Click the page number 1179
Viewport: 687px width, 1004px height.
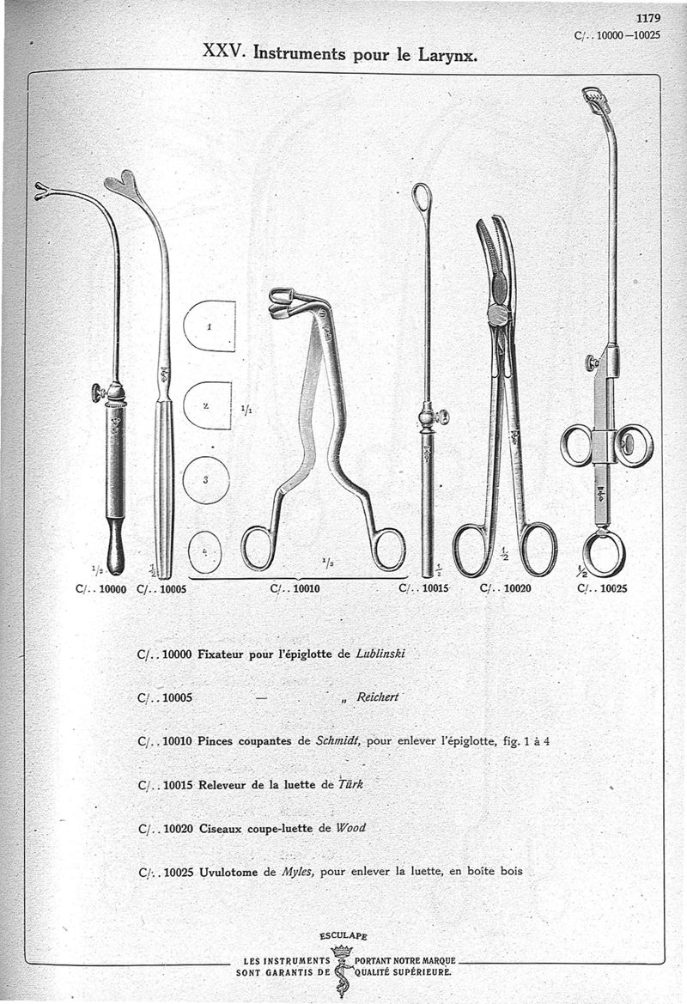point(648,16)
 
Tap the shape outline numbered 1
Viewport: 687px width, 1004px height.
point(210,326)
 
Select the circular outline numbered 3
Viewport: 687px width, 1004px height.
point(206,479)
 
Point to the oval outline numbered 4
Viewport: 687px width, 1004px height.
point(204,551)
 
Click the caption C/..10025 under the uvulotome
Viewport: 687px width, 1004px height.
point(603,590)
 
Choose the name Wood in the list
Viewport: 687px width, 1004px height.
point(350,828)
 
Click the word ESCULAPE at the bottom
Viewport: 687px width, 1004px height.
point(343,936)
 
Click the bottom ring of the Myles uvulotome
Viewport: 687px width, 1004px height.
point(603,554)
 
